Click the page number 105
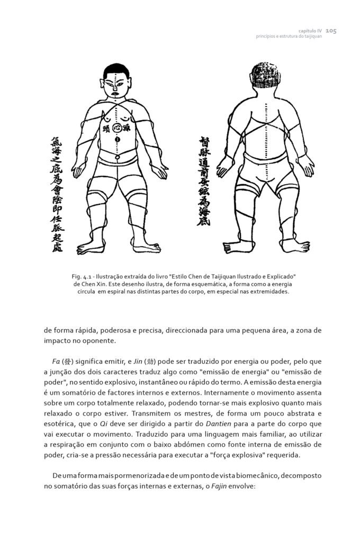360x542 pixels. click(x=331, y=31)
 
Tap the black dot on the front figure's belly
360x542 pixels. click(x=117, y=139)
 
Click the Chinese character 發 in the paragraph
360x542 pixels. click(x=67, y=362)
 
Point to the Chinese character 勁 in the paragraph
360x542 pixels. click(x=136, y=362)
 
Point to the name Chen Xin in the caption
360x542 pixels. click(x=87, y=284)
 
